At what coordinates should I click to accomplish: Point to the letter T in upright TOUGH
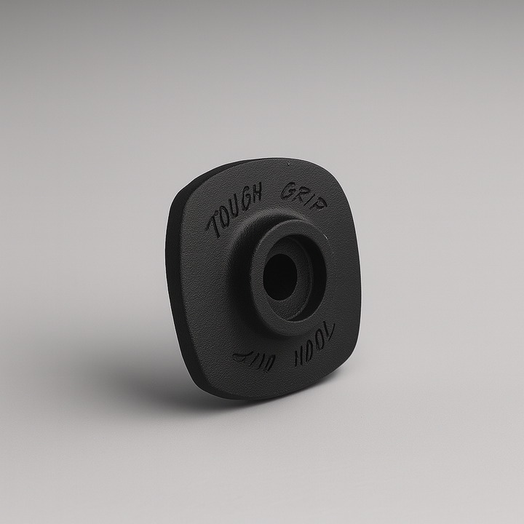212,227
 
